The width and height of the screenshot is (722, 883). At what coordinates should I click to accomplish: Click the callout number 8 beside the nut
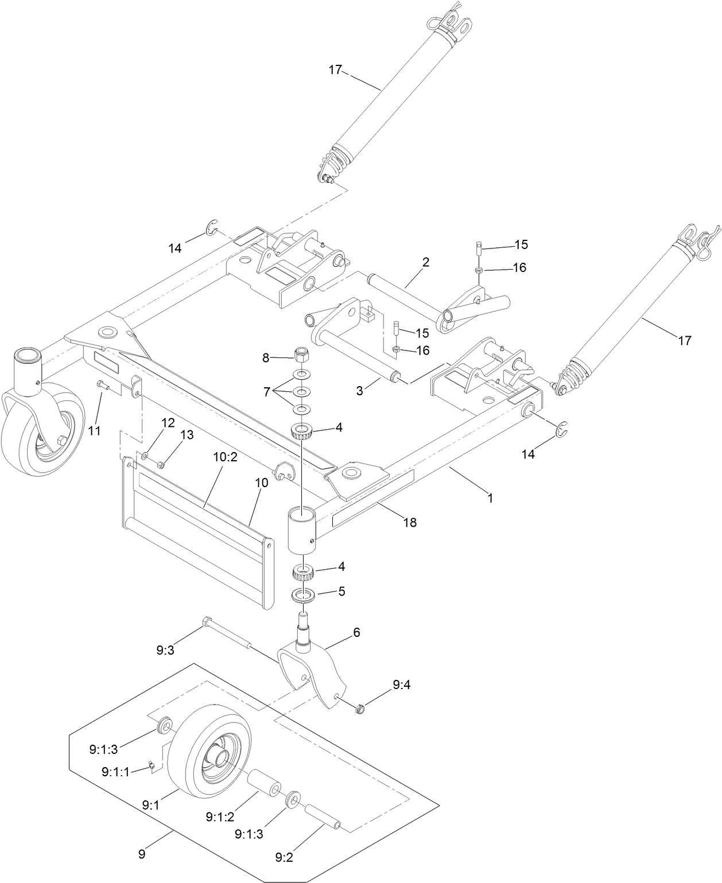point(265,358)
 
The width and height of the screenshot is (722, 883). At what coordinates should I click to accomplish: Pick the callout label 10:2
point(225,457)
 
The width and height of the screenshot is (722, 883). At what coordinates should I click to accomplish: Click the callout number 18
point(410,522)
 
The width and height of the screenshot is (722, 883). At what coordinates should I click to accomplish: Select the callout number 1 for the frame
point(490,499)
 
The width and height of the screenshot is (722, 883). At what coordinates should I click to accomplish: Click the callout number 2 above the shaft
point(425,262)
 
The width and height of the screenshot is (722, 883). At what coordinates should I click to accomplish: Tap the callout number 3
point(359,391)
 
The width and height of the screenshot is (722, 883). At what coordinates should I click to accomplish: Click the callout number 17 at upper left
point(335,70)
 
